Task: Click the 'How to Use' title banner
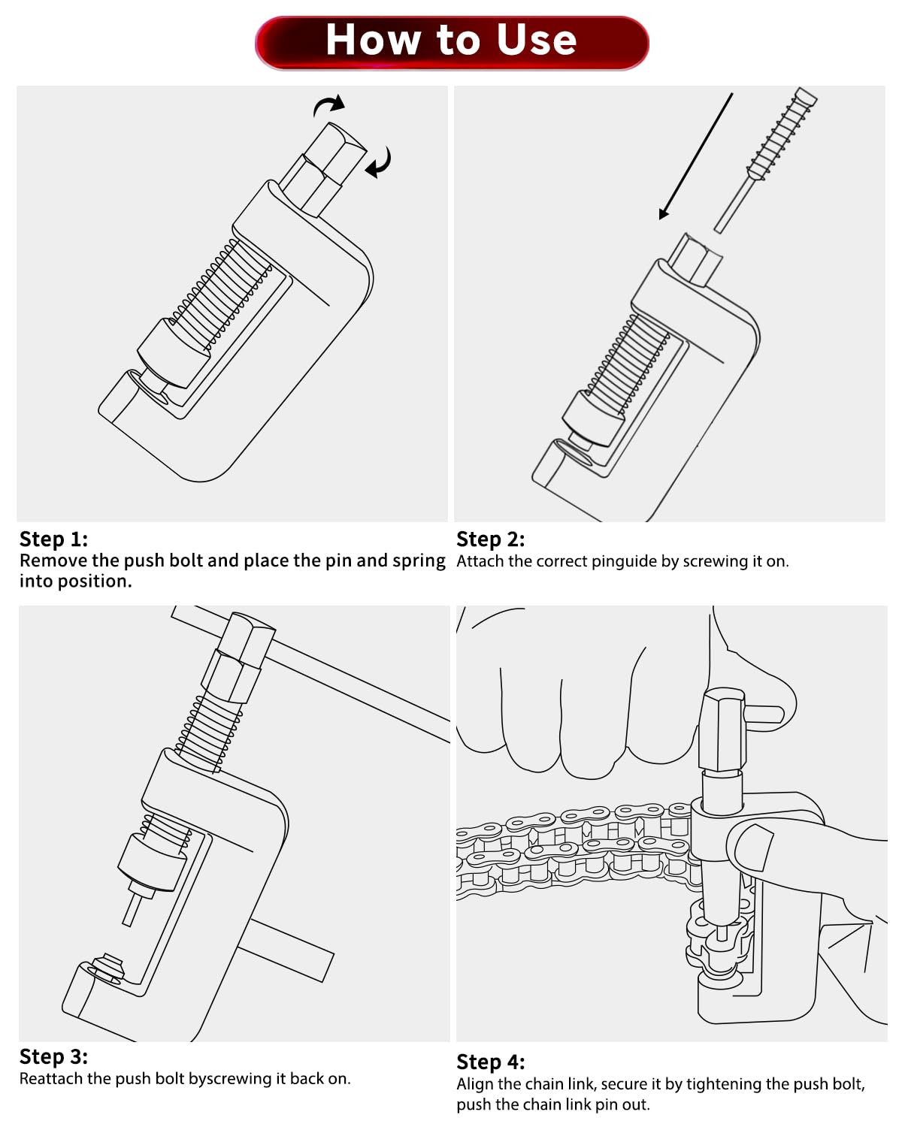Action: tap(451, 43)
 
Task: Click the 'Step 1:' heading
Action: tap(53, 539)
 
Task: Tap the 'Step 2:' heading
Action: tap(491, 539)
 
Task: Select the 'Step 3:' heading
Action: tap(53, 1056)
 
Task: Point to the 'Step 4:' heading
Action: tap(491, 1062)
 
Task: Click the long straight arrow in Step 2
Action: tap(695, 156)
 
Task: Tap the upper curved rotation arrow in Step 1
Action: tap(328, 104)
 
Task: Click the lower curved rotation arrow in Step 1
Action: tap(378, 163)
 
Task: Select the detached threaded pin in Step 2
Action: tap(765, 160)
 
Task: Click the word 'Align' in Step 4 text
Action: tap(474, 1083)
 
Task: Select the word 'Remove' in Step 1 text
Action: tap(53, 560)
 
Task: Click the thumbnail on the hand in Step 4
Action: tap(753, 847)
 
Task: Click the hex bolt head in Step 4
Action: tap(722, 730)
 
